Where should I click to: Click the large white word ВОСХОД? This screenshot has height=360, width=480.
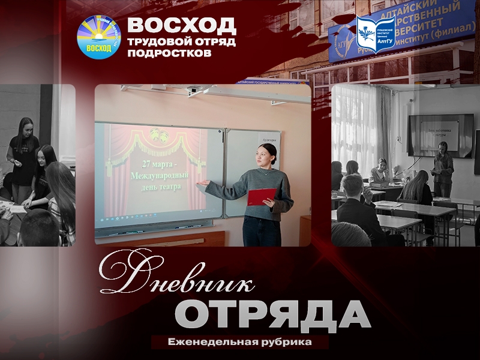pyautogui.click(x=182, y=26)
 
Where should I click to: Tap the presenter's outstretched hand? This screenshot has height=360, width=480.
pyautogui.click(x=205, y=183)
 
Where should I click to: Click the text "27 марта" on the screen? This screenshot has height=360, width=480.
pyautogui.click(x=157, y=164)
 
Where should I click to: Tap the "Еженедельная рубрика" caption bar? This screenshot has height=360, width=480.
pyautogui.click(x=240, y=342)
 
